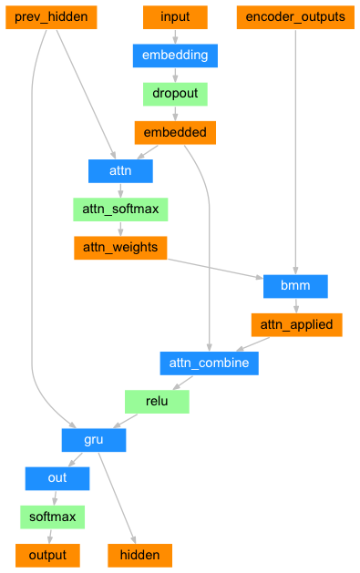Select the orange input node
click(175, 17)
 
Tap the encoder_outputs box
click(295, 17)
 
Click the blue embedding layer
click(175, 56)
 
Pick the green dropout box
click(175, 94)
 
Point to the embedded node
click(175, 133)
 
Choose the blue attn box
click(120, 170)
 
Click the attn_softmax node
click(120, 210)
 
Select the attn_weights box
click(120, 248)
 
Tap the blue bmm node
click(295, 286)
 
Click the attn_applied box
click(296, 324)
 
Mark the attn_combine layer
click(210, 363)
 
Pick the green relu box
click(156, 402)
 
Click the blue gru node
click(94, 440)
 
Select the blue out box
click(57, 478)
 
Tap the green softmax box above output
click(52, 517)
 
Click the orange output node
click(46, 555)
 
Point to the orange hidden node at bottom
click(139, 555)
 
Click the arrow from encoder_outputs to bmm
click(295, 146)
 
